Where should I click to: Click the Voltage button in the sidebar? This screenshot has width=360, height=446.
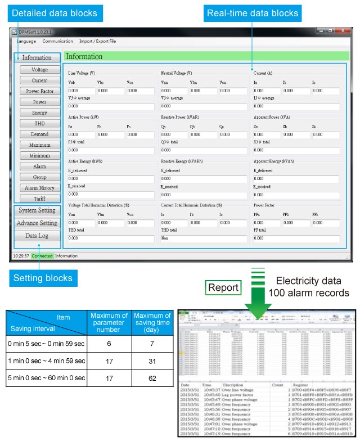click(x=39, y=70)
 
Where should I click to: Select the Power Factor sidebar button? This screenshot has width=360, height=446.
click(x=39, y=91)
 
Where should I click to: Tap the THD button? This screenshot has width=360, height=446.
click(x=39, y=124)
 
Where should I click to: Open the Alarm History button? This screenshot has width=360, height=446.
click(x=39, y=188)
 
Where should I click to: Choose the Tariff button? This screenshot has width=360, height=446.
click(x=39, y=199)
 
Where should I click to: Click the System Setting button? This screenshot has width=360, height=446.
click(x=37, y=210)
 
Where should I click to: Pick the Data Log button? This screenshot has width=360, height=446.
click(x=37, y=236)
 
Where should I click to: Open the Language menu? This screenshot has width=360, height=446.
click(x=26, y=41)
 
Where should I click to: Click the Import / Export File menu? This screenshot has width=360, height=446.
click(x=97, y=41)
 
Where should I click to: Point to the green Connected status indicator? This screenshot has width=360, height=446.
click(x=42, y=256)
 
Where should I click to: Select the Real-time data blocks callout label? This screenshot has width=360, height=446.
click(x=252, y=13)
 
